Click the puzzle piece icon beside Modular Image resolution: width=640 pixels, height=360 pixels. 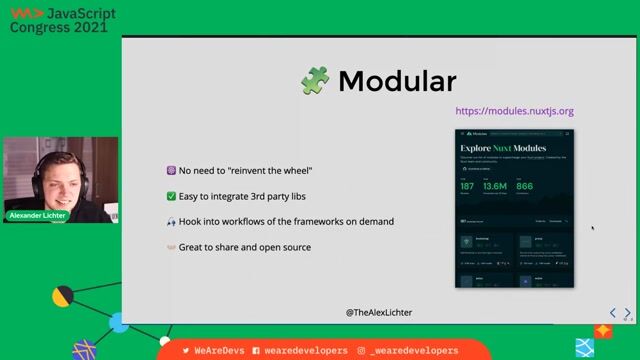click(315, 81)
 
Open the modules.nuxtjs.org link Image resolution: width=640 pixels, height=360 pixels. click(514, 111)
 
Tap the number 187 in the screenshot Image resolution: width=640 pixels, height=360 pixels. click(467, 186)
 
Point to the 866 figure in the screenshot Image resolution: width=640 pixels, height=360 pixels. click(525, 186)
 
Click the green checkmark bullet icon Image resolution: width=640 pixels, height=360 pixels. click(171, 196)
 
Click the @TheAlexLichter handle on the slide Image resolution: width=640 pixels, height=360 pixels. click(378, 313)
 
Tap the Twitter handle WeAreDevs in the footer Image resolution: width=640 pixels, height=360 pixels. click(215, 351)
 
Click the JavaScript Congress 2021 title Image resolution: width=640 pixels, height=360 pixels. click(62, 20)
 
